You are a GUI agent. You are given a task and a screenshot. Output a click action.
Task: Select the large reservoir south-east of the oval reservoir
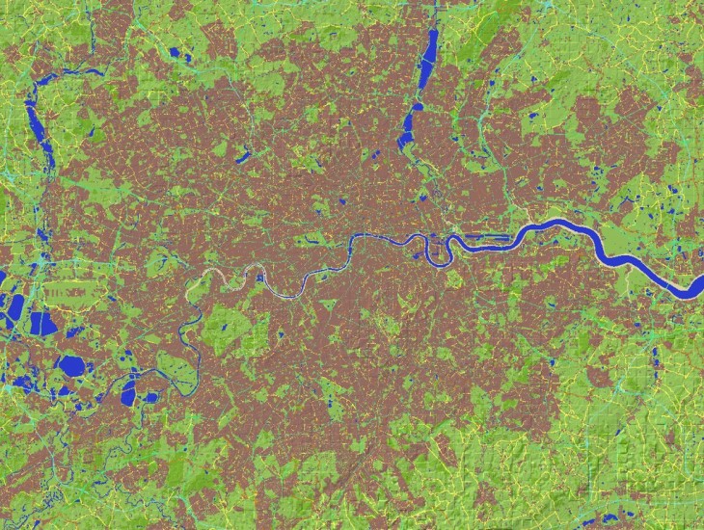point(128,391)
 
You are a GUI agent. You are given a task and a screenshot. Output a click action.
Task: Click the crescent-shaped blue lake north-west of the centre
point(242,154)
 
